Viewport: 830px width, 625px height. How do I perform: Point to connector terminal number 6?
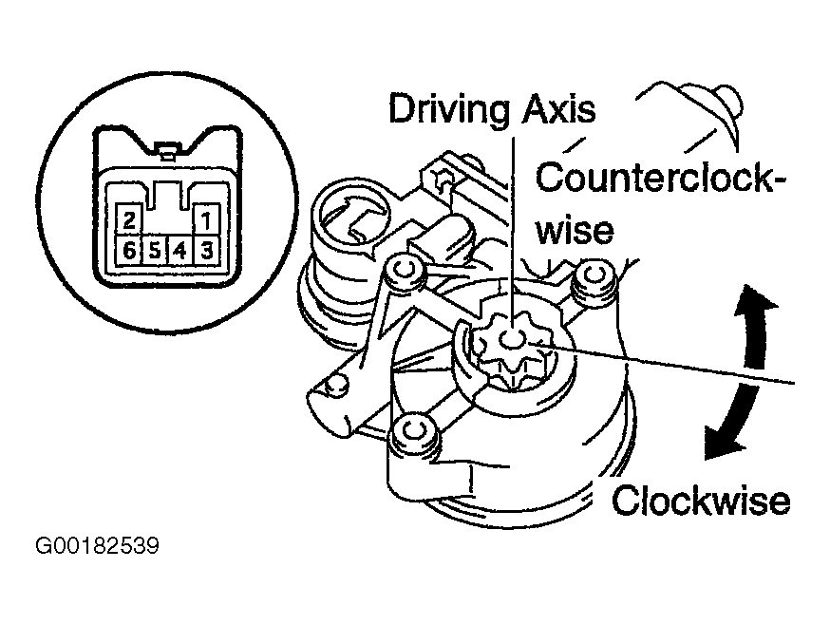129,251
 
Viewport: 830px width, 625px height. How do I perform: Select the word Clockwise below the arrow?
700,500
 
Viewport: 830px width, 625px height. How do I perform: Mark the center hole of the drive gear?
514,339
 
